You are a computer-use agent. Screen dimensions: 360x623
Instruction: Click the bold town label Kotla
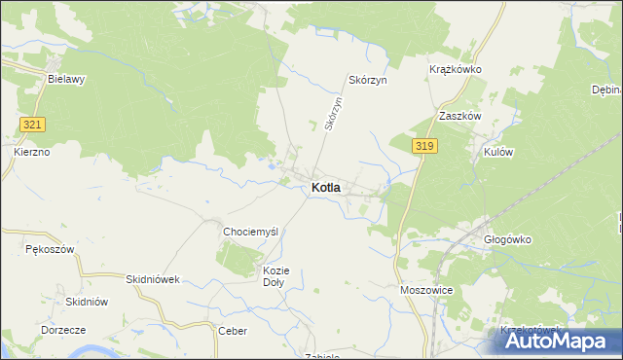326,187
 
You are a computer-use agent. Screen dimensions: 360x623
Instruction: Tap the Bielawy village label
66,80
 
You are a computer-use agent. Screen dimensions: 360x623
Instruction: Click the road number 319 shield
422,146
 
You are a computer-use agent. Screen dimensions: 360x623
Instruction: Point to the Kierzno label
32,153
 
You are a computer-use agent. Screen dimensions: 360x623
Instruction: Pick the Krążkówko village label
456,70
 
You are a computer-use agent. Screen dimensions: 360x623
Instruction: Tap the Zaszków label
460,115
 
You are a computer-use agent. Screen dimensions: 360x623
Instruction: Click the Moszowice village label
426,291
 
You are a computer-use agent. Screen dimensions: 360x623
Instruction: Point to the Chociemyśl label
251,232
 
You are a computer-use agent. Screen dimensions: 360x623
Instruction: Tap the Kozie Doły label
274,276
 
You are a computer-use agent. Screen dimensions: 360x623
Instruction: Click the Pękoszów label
50,250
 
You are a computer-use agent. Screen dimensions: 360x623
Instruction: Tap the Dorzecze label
65,330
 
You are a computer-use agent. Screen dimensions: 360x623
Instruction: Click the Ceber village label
233,331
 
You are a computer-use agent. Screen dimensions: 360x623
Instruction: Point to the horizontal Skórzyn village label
368,80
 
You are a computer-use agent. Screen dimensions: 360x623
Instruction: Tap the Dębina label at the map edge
605,90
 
